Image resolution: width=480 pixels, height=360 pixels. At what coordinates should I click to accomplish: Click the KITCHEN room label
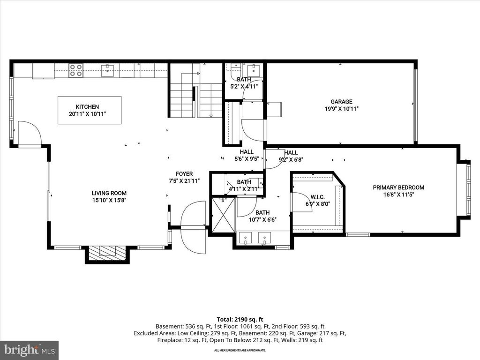click(88, 107)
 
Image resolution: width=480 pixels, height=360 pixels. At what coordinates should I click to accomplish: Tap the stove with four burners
click(76, 70)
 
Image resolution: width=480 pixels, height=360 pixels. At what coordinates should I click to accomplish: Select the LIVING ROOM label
click(109, 193)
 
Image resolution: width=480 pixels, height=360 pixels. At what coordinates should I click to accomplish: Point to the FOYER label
click(184, 174)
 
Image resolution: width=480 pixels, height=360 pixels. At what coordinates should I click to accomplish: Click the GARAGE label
click(341, 101)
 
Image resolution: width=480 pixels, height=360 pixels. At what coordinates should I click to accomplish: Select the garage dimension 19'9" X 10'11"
click(341, 108)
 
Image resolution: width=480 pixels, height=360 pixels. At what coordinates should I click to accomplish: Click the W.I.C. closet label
click(317, 197)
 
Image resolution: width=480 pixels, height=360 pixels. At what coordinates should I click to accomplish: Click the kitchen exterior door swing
click(29, 134)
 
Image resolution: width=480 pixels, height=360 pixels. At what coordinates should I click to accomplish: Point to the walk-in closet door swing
click(301, 202)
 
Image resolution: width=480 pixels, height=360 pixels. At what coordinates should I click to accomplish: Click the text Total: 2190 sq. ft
click(240, 319)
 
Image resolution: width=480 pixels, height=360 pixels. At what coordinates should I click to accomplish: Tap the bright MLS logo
click(29, 350)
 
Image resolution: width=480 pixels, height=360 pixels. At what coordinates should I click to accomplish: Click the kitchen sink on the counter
click(108, 70)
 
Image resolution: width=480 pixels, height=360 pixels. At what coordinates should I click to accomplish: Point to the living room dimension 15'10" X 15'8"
click(109, 200)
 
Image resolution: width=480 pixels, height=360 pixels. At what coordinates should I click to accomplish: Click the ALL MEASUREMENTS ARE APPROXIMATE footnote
click(240, 350)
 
